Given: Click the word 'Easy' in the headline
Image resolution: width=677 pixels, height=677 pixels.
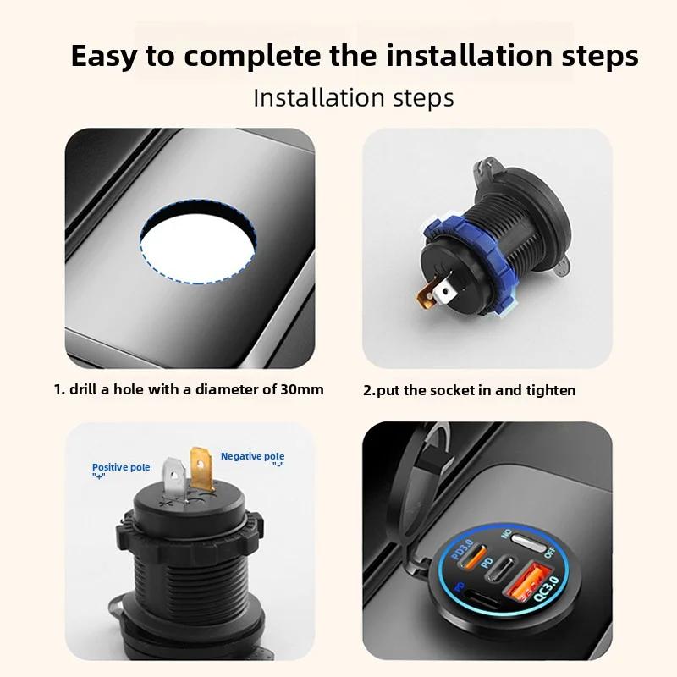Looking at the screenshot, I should point(103,56).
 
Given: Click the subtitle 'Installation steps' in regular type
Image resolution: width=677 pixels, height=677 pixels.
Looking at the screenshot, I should point(354,97).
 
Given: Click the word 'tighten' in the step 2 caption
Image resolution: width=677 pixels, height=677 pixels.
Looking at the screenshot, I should point(548,390).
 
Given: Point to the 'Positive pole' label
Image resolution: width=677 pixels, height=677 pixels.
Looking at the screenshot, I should point(121,467).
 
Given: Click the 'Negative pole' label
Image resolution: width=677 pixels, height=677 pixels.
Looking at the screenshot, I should point(253,456).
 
